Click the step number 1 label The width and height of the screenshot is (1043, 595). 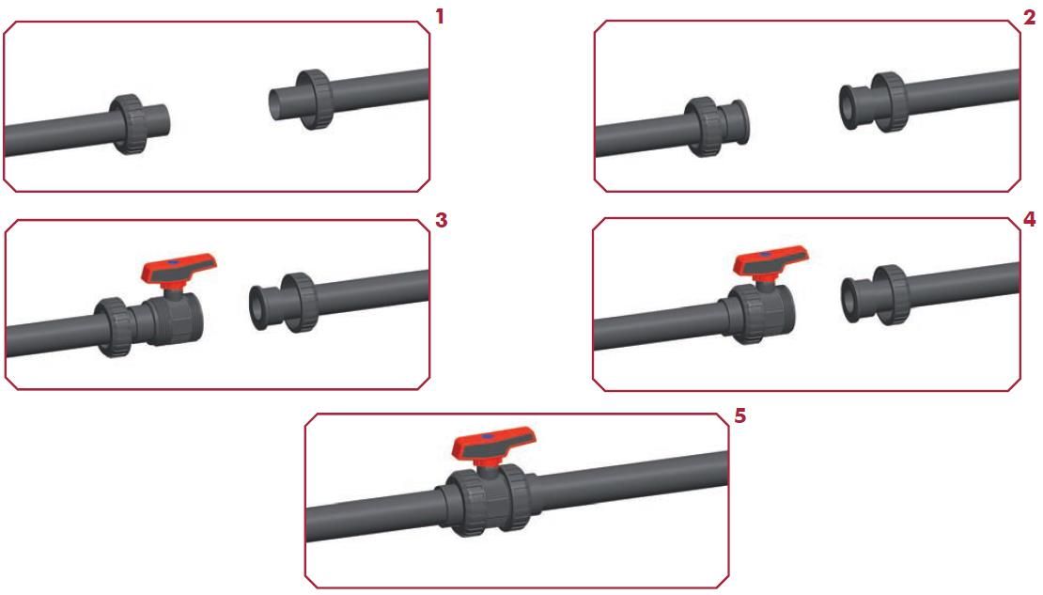pyautogui.click(x=439, y=17)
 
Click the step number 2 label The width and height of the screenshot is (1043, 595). pyautogui.click(x=1030, y=17)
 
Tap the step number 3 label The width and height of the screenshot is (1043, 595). pyautogui.click(x=441, y=220)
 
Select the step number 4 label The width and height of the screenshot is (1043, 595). pyautogui.click(x=1030, y=219)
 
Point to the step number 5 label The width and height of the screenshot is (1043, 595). pyautogui.click(x=739, y=415)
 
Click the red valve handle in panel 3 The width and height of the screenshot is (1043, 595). pyautogui.click(x=179, y=268)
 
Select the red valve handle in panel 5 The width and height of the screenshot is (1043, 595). pyautogui.click(x=493, y=445)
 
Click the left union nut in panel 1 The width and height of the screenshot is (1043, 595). pyautogui.click(x=128, y=124)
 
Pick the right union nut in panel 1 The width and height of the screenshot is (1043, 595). pyautogui.click(x=315, y=100)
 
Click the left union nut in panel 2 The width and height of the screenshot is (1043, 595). pyautogui.click(x=704, y=127)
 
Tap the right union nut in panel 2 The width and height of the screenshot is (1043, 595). pyautogui.click(x=890, y=102)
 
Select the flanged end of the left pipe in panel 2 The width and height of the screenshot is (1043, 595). pyautogui.click(x=739, y=122)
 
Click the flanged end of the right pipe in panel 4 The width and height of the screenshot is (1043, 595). pyautogui.click(x=852, y=300)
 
